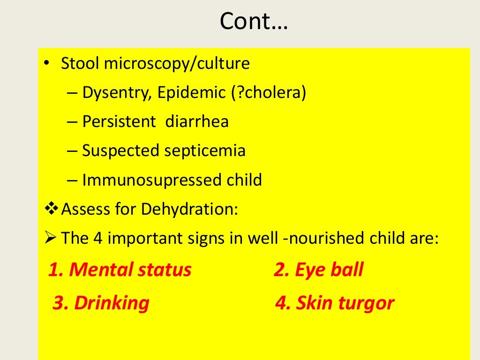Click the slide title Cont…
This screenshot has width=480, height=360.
pyautogui.click(x=254, y=22)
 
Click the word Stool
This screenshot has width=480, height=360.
pyautogui.click(x=80, y=64)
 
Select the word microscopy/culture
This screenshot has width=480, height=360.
pyautogui.click(x=177, y=64)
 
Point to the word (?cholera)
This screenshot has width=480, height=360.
pyautogui.click(x=268, y=93)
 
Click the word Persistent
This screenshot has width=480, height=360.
pyautogui.click(x=119, y=122)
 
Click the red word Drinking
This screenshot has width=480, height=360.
pyautogui.click(x=112, y=303)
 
